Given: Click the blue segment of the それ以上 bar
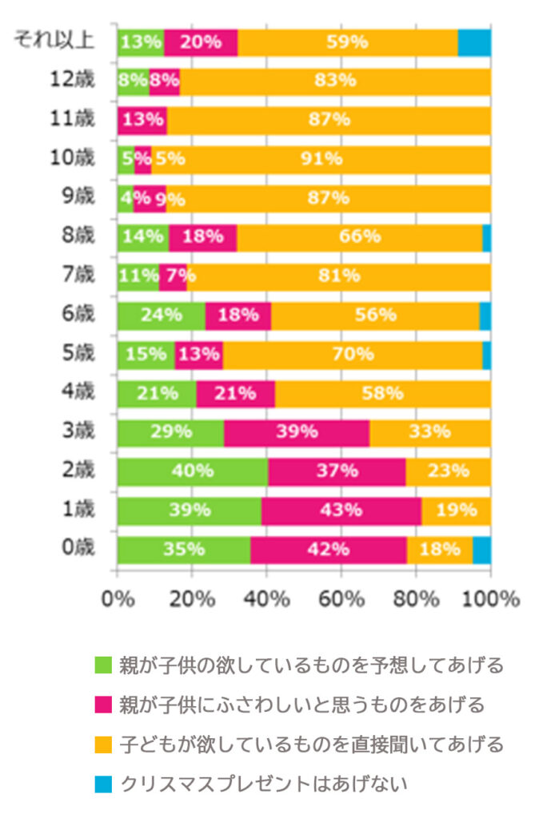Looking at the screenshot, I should pyautogui.click(x=473, y=42).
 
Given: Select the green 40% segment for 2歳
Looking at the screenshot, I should pyautogui.click(x=192, y=471).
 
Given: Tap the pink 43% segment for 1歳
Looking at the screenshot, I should pyautogui.click(x=341, y=510).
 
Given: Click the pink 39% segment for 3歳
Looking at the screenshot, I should pyautogui.click(x=296, y=432).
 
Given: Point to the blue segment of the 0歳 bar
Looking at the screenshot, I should pyautogui.click(x=481, y=550).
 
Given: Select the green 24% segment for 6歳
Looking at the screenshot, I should pyautogui.click(x=161, y=315).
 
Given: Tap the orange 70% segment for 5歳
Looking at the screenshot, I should pyautogui.click(x=352, y=354).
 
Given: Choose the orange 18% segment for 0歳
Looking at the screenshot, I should pyautogui.click(x=439, y=550).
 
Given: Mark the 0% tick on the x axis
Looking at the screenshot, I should pyautogui.click(x=118, y=598).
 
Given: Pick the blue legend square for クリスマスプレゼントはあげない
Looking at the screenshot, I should pyautogui.click(x=104, y=784).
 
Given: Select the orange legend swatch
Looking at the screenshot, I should pyautogui.click(x=104, y=745).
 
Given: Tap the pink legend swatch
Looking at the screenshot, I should pyautogui.click(x=104, y=705).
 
